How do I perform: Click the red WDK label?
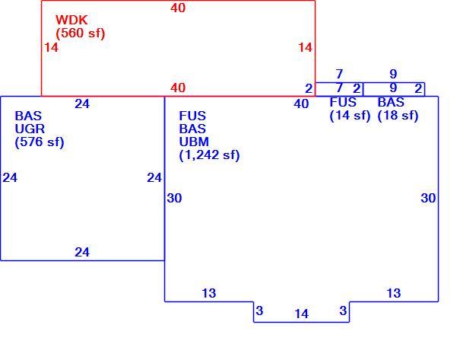(71, 20)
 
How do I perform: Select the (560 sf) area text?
(81, 33)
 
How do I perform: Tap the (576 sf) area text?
(40, 142)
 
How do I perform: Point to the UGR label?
(30, 129)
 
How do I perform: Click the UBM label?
(194, 142)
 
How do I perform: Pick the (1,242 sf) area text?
(209, 155)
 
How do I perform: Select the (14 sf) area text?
(350, 116)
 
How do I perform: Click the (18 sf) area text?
(398, 116)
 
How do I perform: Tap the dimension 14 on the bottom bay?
(301, 314)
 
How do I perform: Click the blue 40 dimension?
(301, 104)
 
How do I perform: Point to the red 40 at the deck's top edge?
(178, 8)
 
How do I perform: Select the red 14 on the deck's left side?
(51, 47)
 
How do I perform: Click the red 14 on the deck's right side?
(305, 47)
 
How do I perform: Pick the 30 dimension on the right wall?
(428, 198)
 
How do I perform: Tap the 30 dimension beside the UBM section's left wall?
(174, 198)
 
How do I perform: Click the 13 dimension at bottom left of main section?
(209, 293)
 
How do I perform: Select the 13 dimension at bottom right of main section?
(394, 293)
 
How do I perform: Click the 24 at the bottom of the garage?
(82, 252)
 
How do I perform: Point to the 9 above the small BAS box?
(393, 74)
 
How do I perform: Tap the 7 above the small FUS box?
(339, 74)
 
